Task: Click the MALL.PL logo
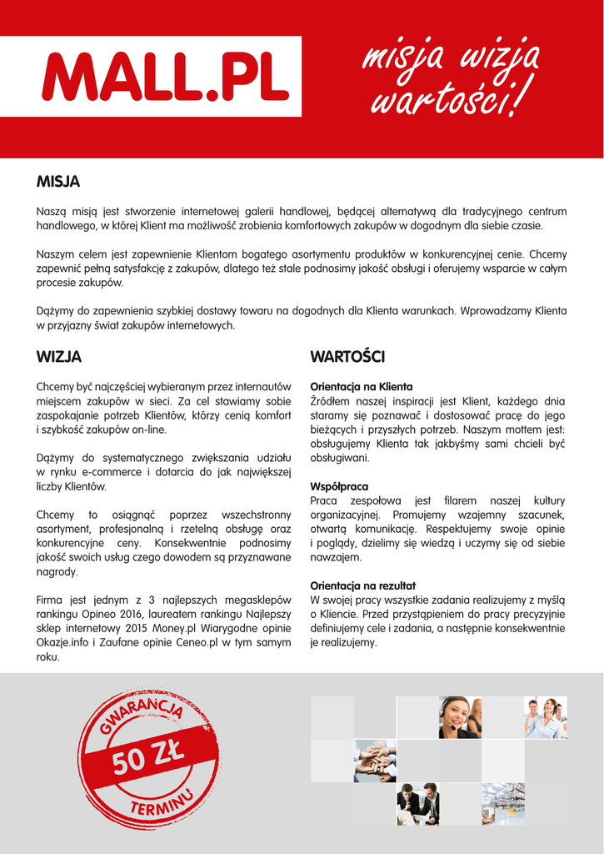pyautogui.click(x=165, y=76)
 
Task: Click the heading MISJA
pyautogui.click(x=57, y=182)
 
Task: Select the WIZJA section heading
pyautogui.click(x=59, y=357)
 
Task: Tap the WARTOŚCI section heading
pyautogui.click(x=347, y=357)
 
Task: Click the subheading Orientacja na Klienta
pyautogui.click(x=361, y=387)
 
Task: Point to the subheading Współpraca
pyautogui.click(x=339, y=486)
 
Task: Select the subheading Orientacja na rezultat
pyautogui.click(x=362, y=585)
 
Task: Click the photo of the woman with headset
pyautogui.click(x=460, y=717)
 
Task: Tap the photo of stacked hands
pyautogui.click(x=375, y=761)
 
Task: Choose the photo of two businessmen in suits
pyautogui.click(x=417, y=803)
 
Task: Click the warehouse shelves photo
pyautogui.click(x=503, y=803)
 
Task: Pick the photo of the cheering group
pyautogui.click(x=546, y=717)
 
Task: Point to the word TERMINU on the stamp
pyautogui.click(x=162, y=803)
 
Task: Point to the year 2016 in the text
pyautogui.click(x=128, y=614)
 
